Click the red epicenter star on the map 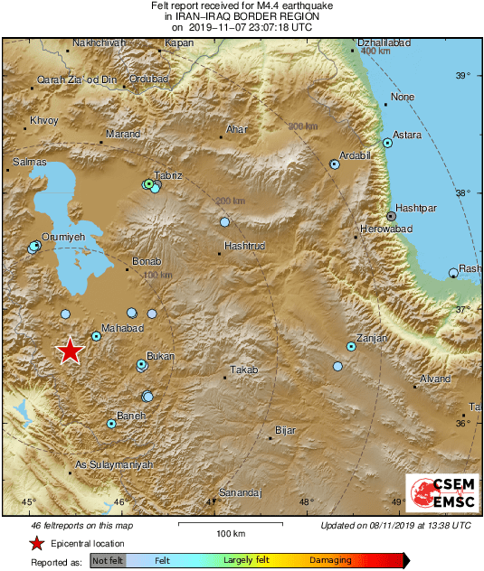point(70,351)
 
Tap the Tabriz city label point(169,174)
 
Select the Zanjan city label point(372,338)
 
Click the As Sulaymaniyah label point(113,463)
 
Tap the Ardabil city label point(356,154)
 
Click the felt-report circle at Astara point(387,143)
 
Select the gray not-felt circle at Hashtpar point(391,216)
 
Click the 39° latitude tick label point(462,75)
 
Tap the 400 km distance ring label point(375,51)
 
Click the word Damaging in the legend point(331,560)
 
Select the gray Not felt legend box point(107,560)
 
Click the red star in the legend point(35,543)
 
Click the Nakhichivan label point(96,42)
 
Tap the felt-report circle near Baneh point(111,423)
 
